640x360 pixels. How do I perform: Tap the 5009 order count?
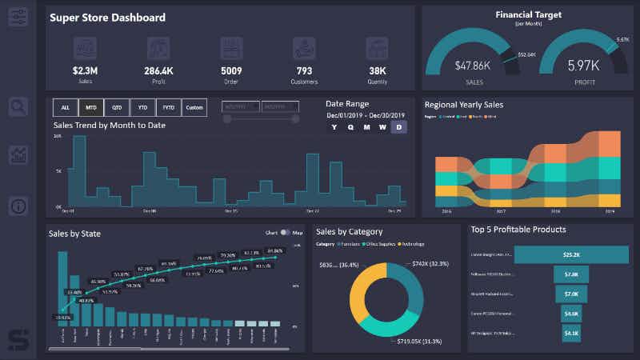pos(230,70)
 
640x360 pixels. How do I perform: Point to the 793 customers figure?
pos(303,70)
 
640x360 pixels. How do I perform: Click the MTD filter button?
pos(92,107)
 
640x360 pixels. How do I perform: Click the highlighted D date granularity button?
pos(398,126)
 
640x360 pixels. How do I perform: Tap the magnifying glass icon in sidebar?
pos(18,106)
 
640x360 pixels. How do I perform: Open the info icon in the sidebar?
pos(18,206)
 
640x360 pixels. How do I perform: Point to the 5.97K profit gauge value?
pos(582,66)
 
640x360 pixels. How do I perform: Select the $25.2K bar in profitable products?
pos(571,255)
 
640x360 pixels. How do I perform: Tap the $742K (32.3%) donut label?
pos(430,264)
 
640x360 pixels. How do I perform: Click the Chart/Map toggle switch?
pos(286,233)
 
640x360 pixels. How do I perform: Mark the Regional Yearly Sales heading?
pos(463,104)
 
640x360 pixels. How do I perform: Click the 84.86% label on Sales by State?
pos(275,250)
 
